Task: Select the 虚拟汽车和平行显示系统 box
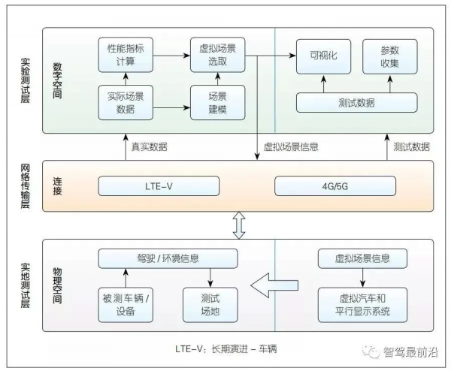coord(364,304)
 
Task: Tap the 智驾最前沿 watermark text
coord(409,353)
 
